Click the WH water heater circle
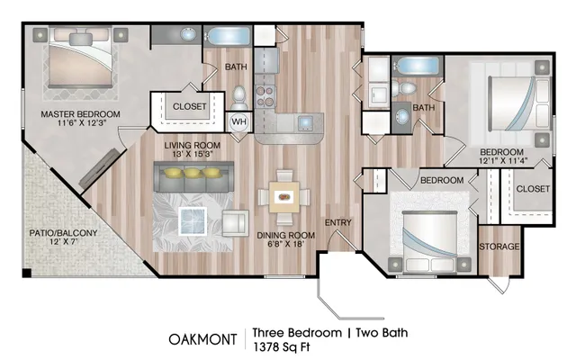click(239, 122)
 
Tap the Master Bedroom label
click(80, 114)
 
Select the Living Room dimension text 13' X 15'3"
click(192, 154)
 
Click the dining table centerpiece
click(284, 196)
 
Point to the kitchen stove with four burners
click(265, 96)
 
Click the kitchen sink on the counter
click(305, 123)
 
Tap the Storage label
click(499, 247)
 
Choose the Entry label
click(338, 222)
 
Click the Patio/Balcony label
click(63, 233)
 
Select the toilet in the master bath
click(239, 98)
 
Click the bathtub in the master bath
click(228, 36)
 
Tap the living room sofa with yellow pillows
click(193, 176)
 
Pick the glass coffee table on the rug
click(193, 221)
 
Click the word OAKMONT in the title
click(202, 339)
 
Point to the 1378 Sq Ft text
click(282, 346)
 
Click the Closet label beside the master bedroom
click(190, 106)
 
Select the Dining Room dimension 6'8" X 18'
click(285, 244)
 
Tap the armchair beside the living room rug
click(236, 223)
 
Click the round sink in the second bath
click(402, 117)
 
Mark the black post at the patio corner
click(27, 273)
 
